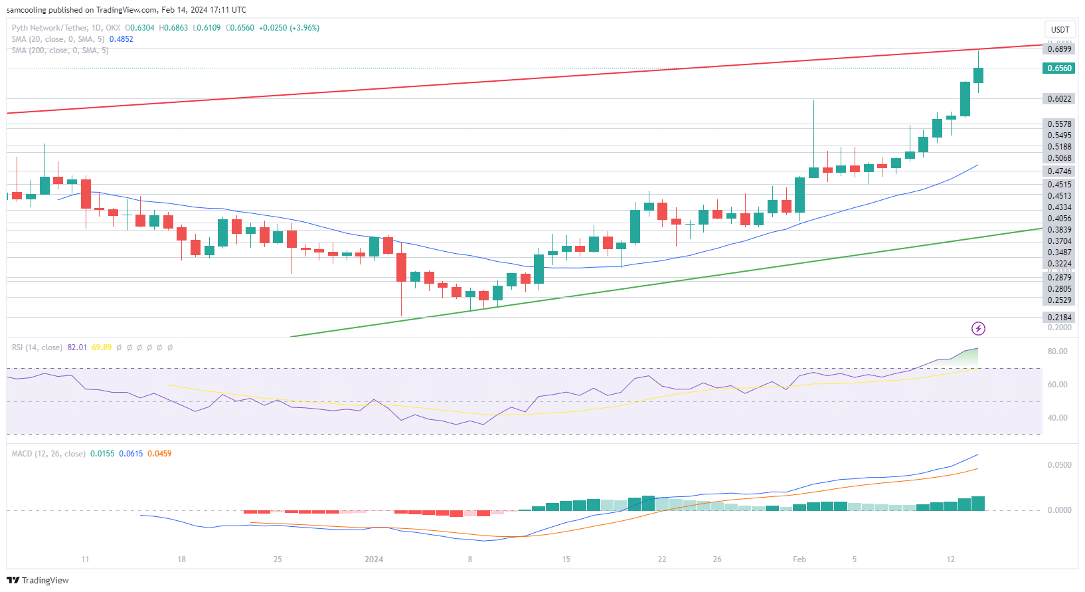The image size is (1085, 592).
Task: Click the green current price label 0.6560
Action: pos(1059,68)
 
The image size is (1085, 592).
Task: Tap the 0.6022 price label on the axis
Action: pos(1059,99)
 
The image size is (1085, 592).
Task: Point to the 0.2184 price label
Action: pos(1059,318)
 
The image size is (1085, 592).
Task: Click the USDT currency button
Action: pos(1060,30)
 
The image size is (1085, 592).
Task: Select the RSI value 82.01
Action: pos(77,347)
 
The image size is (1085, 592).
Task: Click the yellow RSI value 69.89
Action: pos(102,347)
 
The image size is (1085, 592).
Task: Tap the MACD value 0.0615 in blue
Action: pos(131,454)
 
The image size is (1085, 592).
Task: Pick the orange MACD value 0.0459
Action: pos(159,454)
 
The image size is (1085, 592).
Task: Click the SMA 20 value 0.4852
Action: pos(121,39)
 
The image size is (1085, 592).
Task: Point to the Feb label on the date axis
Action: pos(799,559)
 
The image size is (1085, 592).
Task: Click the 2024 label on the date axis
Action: pos(374,559)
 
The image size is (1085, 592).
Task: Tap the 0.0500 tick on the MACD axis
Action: pos(1059,465)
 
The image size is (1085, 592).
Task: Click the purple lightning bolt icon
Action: pos(978,328)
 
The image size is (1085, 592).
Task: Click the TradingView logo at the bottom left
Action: pos(38,580)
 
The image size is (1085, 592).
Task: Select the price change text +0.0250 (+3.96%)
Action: pos(289,28)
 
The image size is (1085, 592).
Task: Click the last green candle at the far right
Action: pos(978,75)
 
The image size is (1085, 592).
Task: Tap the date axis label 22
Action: pos(662,559)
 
